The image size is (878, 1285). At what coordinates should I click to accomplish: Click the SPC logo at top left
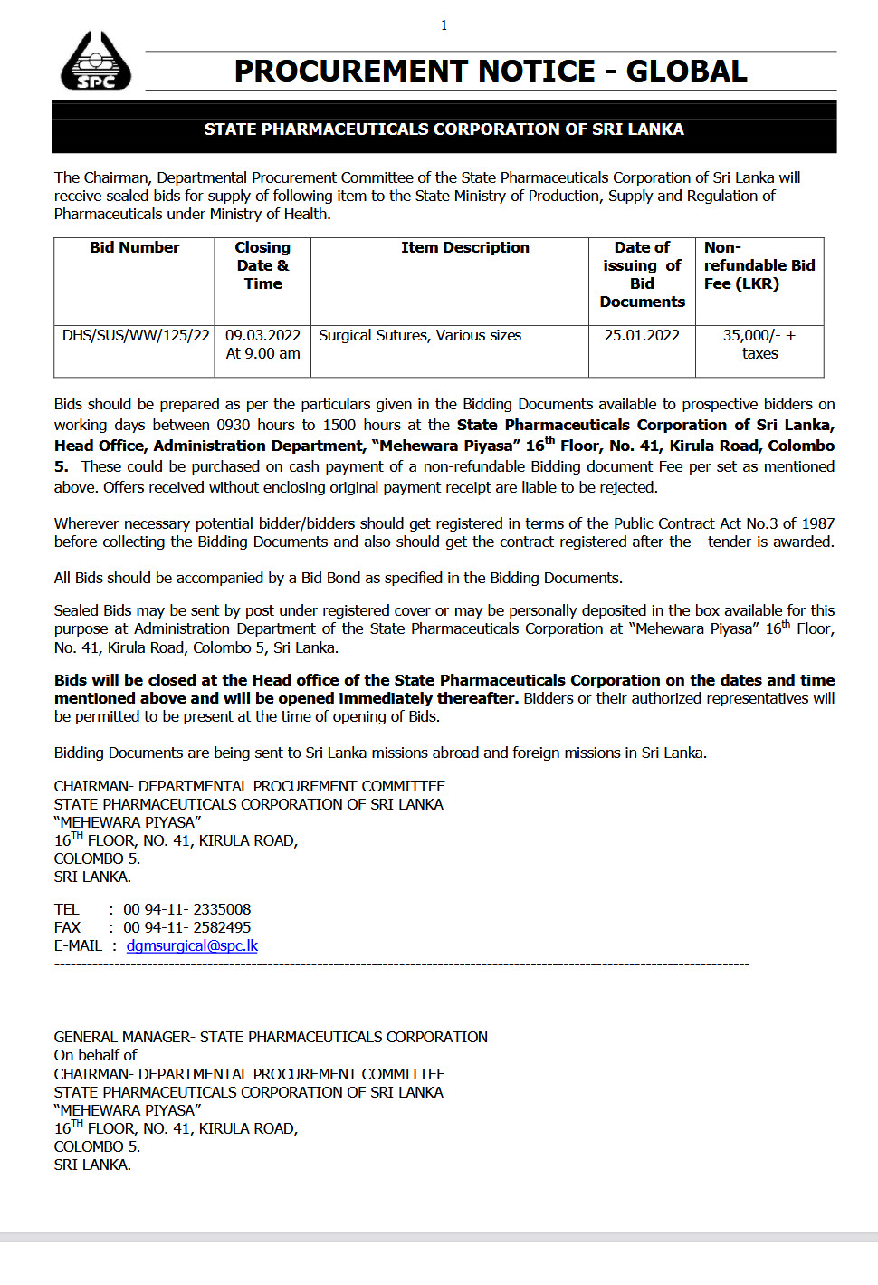click(x=95, y=62)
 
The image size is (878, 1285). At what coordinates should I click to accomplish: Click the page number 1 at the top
click(x=444, y=25)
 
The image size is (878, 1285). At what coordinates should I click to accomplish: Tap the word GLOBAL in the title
click(x=686, y=72)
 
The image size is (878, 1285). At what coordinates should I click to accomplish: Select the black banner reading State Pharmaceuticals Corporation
click(x=444, y=129)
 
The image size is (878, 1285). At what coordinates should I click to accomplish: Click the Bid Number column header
click(x=134, y=248)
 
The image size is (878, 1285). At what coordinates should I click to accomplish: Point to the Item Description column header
click(x=464, y=248)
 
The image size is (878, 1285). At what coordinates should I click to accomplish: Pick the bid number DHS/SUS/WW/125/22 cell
click(x=136, y=336)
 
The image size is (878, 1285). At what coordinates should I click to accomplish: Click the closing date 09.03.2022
click(x=262, y=336)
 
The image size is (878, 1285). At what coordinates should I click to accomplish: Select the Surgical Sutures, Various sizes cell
click(x=420, y=336)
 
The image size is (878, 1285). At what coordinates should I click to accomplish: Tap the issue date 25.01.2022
click(x=642, y=336)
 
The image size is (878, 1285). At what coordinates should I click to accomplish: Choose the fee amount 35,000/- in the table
click(x=751, y=336)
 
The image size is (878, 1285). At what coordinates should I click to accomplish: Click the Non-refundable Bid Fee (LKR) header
click(x=759, y=265)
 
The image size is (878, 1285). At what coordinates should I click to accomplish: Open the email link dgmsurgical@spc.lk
click(x=192, y=946)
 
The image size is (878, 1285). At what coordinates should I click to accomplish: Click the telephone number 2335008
click(x=222, y=910)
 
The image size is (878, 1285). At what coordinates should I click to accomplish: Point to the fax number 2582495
click(x=222, y=928)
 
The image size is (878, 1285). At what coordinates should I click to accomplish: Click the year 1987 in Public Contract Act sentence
click(x=817, y=524)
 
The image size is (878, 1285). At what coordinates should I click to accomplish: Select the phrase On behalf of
click(x=95, y=1056)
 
